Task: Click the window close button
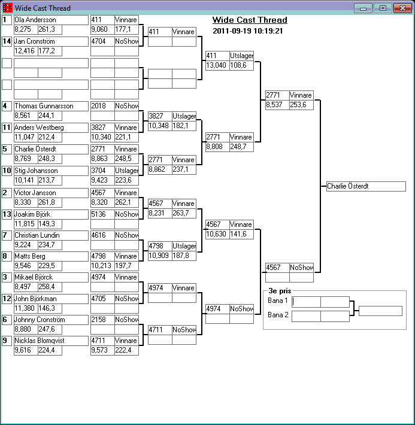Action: (401, 8)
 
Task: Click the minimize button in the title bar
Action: (363, 8)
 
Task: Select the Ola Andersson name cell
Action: (51, 20)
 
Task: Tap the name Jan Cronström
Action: (51, 41)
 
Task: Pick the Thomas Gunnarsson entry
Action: (51, 106)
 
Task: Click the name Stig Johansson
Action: (51, 171)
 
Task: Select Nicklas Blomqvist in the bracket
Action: (51, 341)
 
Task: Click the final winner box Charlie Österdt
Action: (366, 186)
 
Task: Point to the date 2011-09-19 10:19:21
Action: (248, 31)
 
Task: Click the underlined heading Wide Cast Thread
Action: (250, 20)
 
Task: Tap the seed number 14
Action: (7, 41)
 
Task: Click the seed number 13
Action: (7, 214)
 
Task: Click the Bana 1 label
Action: (277, 300)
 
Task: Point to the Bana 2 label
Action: (277, 315)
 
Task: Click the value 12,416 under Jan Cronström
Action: (25, 51)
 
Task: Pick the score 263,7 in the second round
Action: (183, 213)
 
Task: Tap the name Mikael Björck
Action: (51, 277)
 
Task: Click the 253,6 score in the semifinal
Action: (301, 105)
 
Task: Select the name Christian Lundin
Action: (51, 235)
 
